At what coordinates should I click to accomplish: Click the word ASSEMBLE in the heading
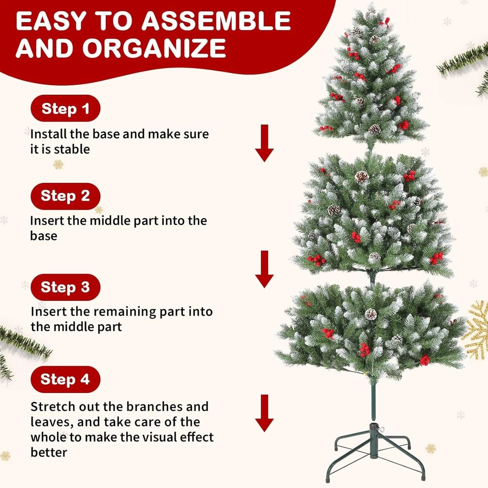[216, 21]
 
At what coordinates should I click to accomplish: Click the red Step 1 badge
[66, 109]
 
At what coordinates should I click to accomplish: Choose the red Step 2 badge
[66, 196]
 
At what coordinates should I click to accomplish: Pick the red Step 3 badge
[66, 287]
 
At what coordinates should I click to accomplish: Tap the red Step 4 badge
[66, 379]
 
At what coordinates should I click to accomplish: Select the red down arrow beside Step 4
[264, 413]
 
